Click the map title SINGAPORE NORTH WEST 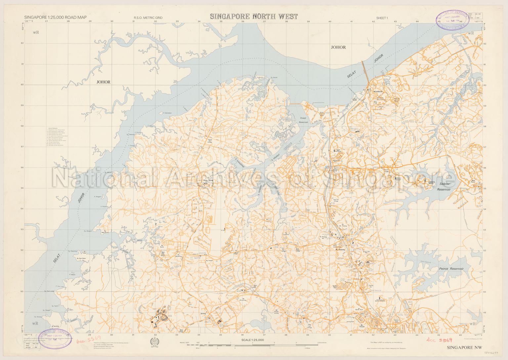pos(253,17)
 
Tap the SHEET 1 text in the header pos(382,18)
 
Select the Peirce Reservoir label pos(451,269)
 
